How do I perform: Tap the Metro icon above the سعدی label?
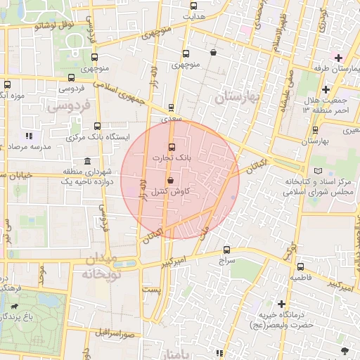tap(172, 109)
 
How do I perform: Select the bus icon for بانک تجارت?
tap(172, 147)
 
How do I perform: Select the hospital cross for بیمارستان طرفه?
tap(338, 57)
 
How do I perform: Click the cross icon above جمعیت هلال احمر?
tap(326, 90)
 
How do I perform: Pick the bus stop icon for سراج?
tap(226, 250)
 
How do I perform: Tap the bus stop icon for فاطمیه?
tap(301, 266)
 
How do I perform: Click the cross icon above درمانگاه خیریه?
tap(282, 304)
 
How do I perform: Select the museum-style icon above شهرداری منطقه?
tap(86, 161)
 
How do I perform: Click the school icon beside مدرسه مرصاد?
tap(28, 135)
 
